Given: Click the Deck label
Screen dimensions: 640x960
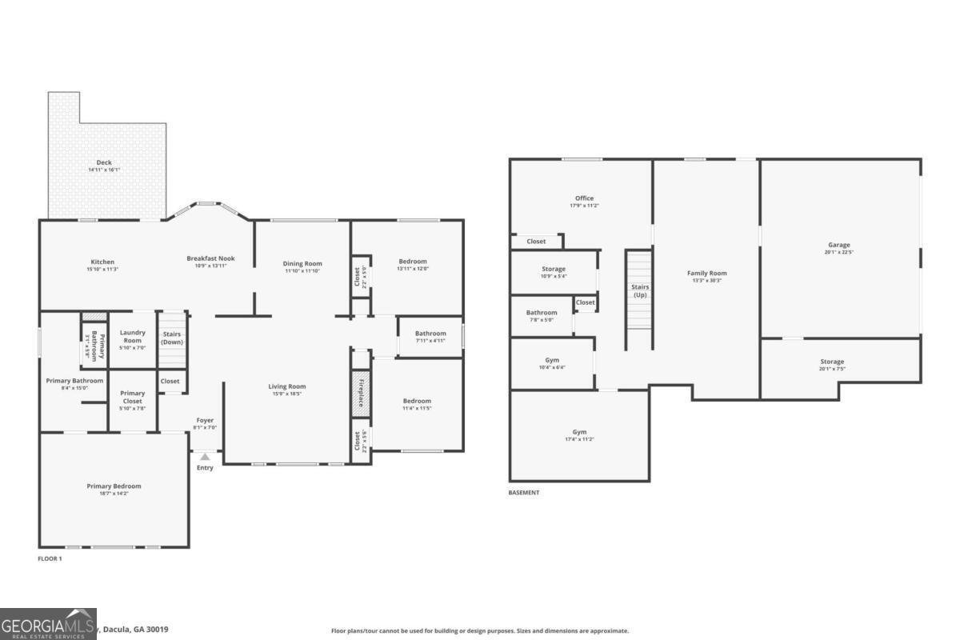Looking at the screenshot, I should [104, 162].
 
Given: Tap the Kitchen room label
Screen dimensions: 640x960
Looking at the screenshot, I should [102, 262].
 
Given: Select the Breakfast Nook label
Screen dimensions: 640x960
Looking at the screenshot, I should [210, 258].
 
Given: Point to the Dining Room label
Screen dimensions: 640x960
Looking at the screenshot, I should [302, 263].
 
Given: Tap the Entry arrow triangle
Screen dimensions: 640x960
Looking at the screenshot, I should [205, 457].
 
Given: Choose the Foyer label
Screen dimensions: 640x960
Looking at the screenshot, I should [205, 420].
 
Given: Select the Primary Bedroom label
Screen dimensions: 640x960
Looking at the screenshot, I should [114, 486].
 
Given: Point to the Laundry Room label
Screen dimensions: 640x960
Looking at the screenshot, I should [132, 337].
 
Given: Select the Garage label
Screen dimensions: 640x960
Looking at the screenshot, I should [839, 245].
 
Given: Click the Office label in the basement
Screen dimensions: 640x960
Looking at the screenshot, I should [584, 198].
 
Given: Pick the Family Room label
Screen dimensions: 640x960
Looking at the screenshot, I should [706, 273].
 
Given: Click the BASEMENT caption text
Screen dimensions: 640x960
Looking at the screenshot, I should [524, 493].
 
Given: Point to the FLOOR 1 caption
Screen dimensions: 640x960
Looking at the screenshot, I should [50, 558].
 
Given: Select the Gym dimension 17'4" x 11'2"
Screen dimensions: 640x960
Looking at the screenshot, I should [579, 439].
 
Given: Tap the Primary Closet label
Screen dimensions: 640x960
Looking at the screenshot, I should [132, 393].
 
